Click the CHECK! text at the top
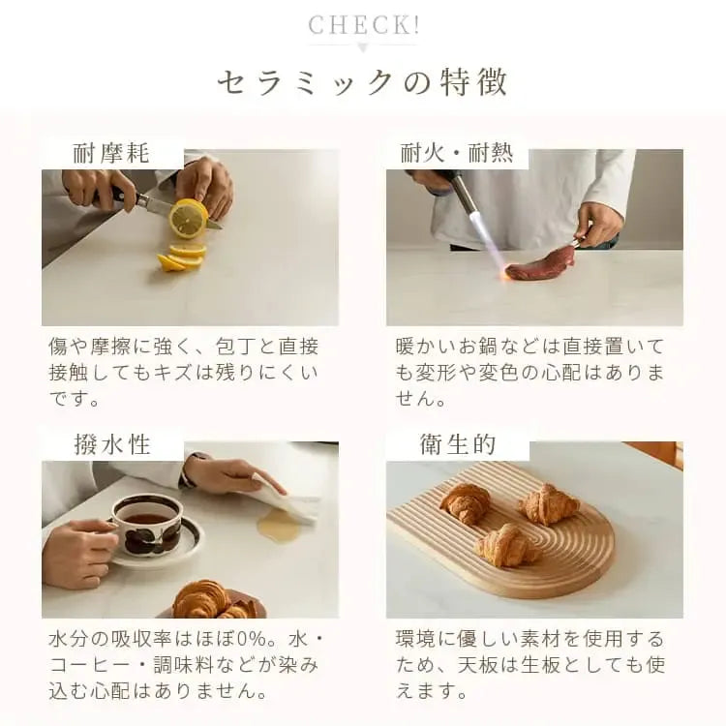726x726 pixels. pyautogui.click(x=363, y=24)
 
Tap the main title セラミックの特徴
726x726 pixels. pyautogui.click(x=363, y=82)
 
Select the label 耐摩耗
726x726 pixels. pyautogui.click(x=111, y=153)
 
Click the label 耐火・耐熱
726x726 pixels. pyautogui.click(x=457, y=153)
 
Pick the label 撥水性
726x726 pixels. pyautogui.click(x=111, y=444)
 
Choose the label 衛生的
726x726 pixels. pyautogui.click(x=457, y=444)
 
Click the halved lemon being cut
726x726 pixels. pyautogui.click(x=188, y=218)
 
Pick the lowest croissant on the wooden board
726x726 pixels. pyautogui.click(x=504, y=546)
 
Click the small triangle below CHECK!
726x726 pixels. pyautogui.click(x=363, y=47)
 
